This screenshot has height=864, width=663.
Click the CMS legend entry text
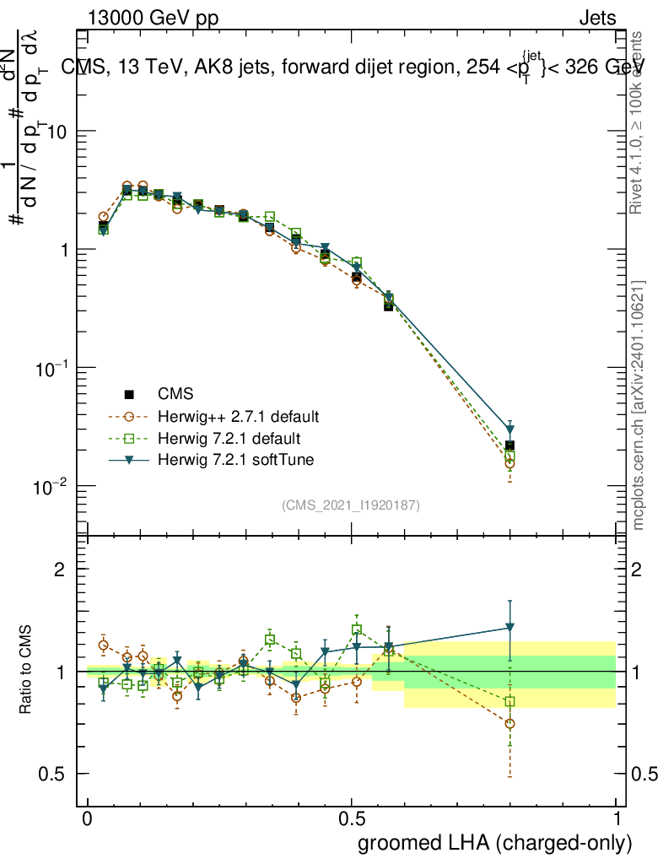coord(175,394)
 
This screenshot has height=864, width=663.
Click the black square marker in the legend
coord(129,394)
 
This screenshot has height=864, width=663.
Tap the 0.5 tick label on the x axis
coord(352,819)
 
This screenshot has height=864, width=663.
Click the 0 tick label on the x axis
coord(88,819)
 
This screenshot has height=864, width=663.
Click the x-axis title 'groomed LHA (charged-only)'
coord(496,842)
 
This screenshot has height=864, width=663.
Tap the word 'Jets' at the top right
coord(596,18)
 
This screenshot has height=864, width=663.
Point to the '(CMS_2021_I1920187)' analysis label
coord(351,505)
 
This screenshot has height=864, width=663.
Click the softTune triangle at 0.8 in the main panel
coord(509,429)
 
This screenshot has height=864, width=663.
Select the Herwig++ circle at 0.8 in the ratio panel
coord(509,723)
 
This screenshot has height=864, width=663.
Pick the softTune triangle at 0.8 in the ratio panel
coord(509,628)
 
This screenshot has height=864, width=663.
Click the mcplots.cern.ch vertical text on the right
coord(639,405)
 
